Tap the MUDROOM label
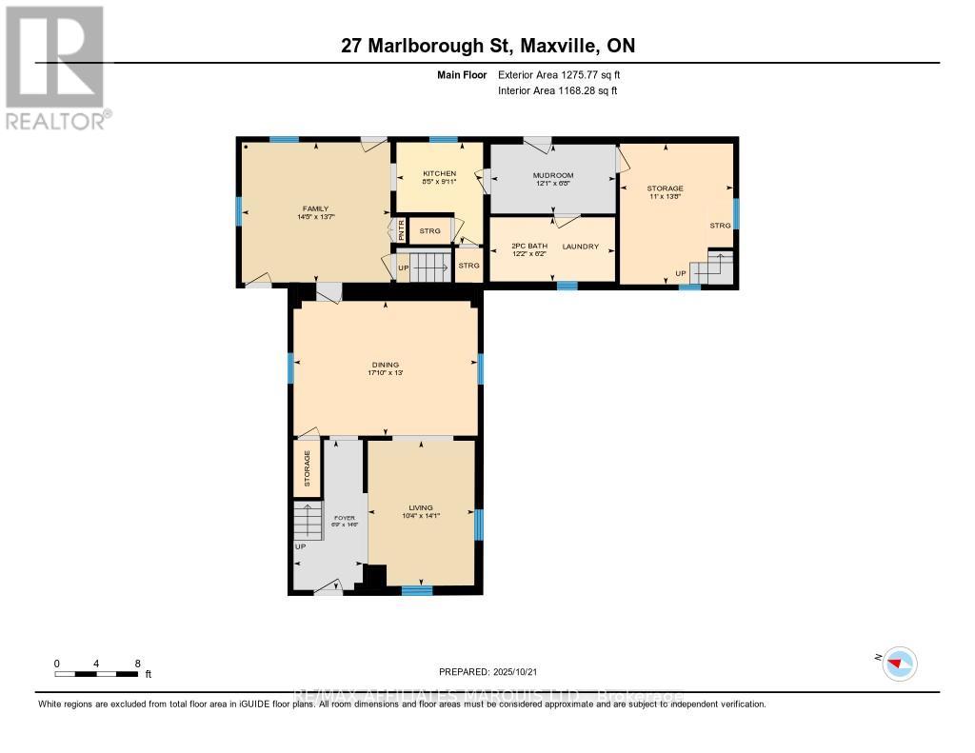point(553,176)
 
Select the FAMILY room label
point(315,208)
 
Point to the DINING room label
point(386,365)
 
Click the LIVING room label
point(421,507)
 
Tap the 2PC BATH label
point(529,247)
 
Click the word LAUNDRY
point(580,247)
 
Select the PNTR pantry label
point(401,230)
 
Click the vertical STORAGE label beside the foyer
point(308,468)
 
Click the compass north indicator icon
point(898,663)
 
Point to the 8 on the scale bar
point(138,664)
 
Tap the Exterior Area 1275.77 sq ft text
point(559,74)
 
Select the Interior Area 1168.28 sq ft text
point(557,90)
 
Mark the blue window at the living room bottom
point(417,590)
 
